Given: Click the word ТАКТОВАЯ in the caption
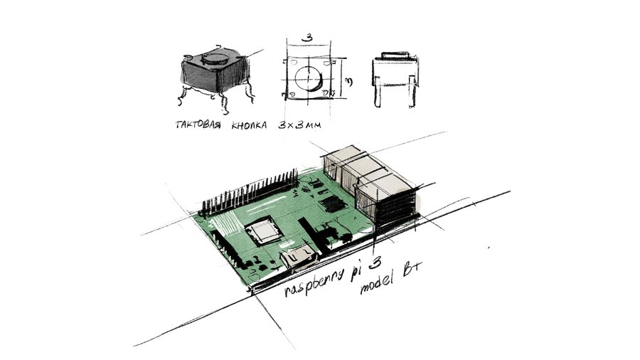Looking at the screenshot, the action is click(x=198, y=125).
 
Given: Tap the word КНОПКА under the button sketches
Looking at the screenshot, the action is click(x=249, y=125).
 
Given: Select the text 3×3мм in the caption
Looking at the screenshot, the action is click(x=299, y=125).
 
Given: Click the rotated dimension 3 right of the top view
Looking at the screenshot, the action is click(x=349, y=82).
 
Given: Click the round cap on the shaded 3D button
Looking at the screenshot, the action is click(x=215, y=58).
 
